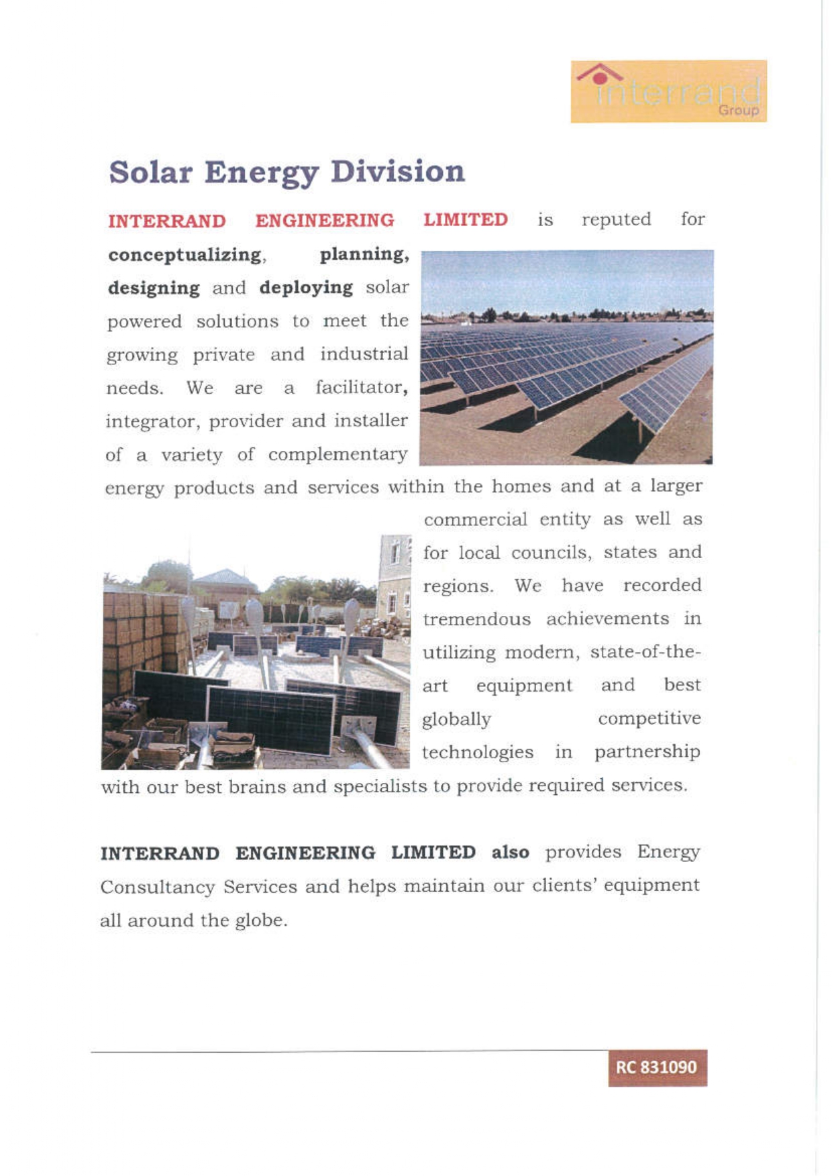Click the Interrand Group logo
[x=668, y=91]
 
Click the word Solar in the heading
[x=150, y=172]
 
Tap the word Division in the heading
[x=397, y=172]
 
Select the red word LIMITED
[x=465, y=220]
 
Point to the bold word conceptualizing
[x=185, y=255]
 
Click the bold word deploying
[x=306, y=288]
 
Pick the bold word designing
[x=154, y=288]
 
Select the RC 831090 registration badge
[x=657, y=1067]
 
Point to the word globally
[x=456, y=719]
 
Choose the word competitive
[x=649, y=718]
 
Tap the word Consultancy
[x=157, y=887]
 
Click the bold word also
[x=510, y=853]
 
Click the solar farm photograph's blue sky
[x=566, y=278]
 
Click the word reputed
[x=616, y=220]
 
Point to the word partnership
[x=647, y=752]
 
